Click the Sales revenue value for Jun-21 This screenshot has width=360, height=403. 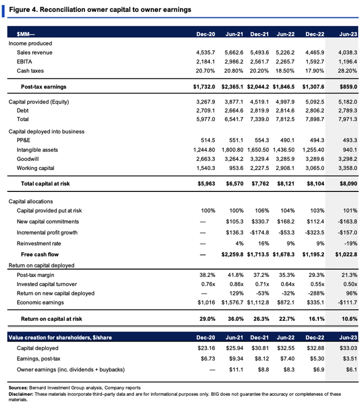tap(233, 52)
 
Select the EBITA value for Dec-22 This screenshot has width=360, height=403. tap(314, 62)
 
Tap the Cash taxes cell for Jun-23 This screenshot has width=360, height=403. tap(347, 71)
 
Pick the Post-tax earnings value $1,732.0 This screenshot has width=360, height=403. tap(204, 87)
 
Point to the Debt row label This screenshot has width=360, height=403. tap(22, 110)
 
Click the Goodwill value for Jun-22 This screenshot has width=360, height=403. tap(285, 159)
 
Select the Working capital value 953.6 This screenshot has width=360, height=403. tap(236, 168)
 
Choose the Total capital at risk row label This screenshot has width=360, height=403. tap(45, 183)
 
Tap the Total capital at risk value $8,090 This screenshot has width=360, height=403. tap(348, 183)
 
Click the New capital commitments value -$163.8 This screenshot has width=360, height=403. tap(347, 222)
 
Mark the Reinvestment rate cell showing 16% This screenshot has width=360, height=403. tap(263, 243)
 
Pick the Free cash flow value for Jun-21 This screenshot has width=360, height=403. tap(232, 254)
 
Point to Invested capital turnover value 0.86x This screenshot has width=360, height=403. tap(236, 284)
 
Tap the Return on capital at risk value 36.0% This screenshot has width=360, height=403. tap(236, 319)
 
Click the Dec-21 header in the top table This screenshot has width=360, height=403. tap(259, 34)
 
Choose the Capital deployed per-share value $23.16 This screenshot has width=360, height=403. tap(206, 348)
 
